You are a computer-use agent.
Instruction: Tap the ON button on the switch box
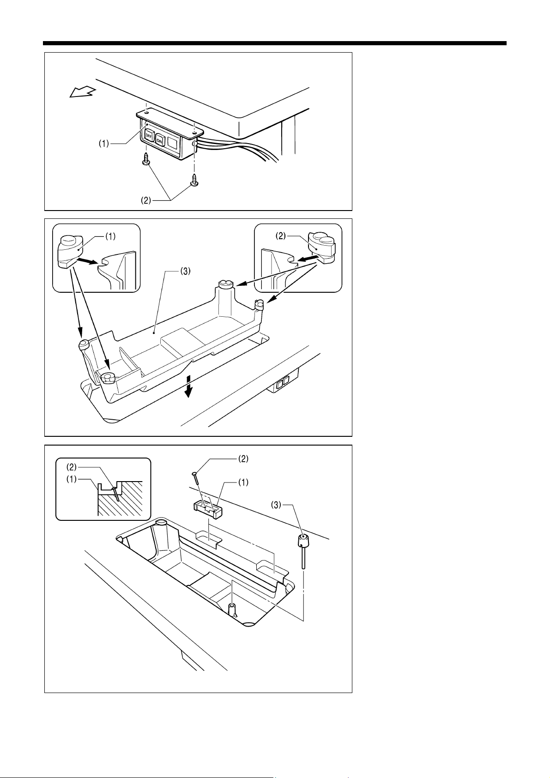tap(160, 139)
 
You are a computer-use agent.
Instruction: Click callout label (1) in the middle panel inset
tap(109, 236)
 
